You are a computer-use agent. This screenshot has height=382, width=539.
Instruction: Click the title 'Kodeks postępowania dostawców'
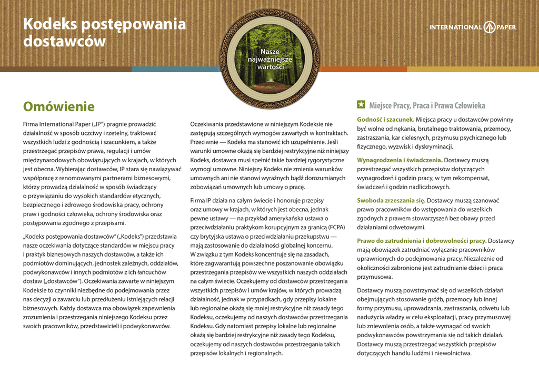tap(104, 32)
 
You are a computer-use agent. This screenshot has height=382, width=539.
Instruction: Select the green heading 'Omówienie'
tap(58, 107)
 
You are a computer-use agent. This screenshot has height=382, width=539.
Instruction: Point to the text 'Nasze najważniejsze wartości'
tap(271, 60)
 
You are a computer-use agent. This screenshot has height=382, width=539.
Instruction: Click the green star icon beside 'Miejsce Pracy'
tap(361, 105)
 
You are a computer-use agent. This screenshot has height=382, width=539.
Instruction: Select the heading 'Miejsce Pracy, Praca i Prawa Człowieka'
tap(427, 105)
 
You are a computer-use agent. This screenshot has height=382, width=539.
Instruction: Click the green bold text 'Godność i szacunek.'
tap(385, 120)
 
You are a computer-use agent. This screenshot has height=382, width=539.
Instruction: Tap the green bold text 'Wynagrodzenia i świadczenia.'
tap(400, 160)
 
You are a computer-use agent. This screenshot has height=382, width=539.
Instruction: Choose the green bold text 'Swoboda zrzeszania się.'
tap(391, 200)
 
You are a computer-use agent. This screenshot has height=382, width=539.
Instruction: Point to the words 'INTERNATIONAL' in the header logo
tap(455, 27)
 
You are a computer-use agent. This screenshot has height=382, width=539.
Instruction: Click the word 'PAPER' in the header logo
tap(506, 27)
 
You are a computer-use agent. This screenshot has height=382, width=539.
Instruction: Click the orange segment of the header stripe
tap(363, 69)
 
